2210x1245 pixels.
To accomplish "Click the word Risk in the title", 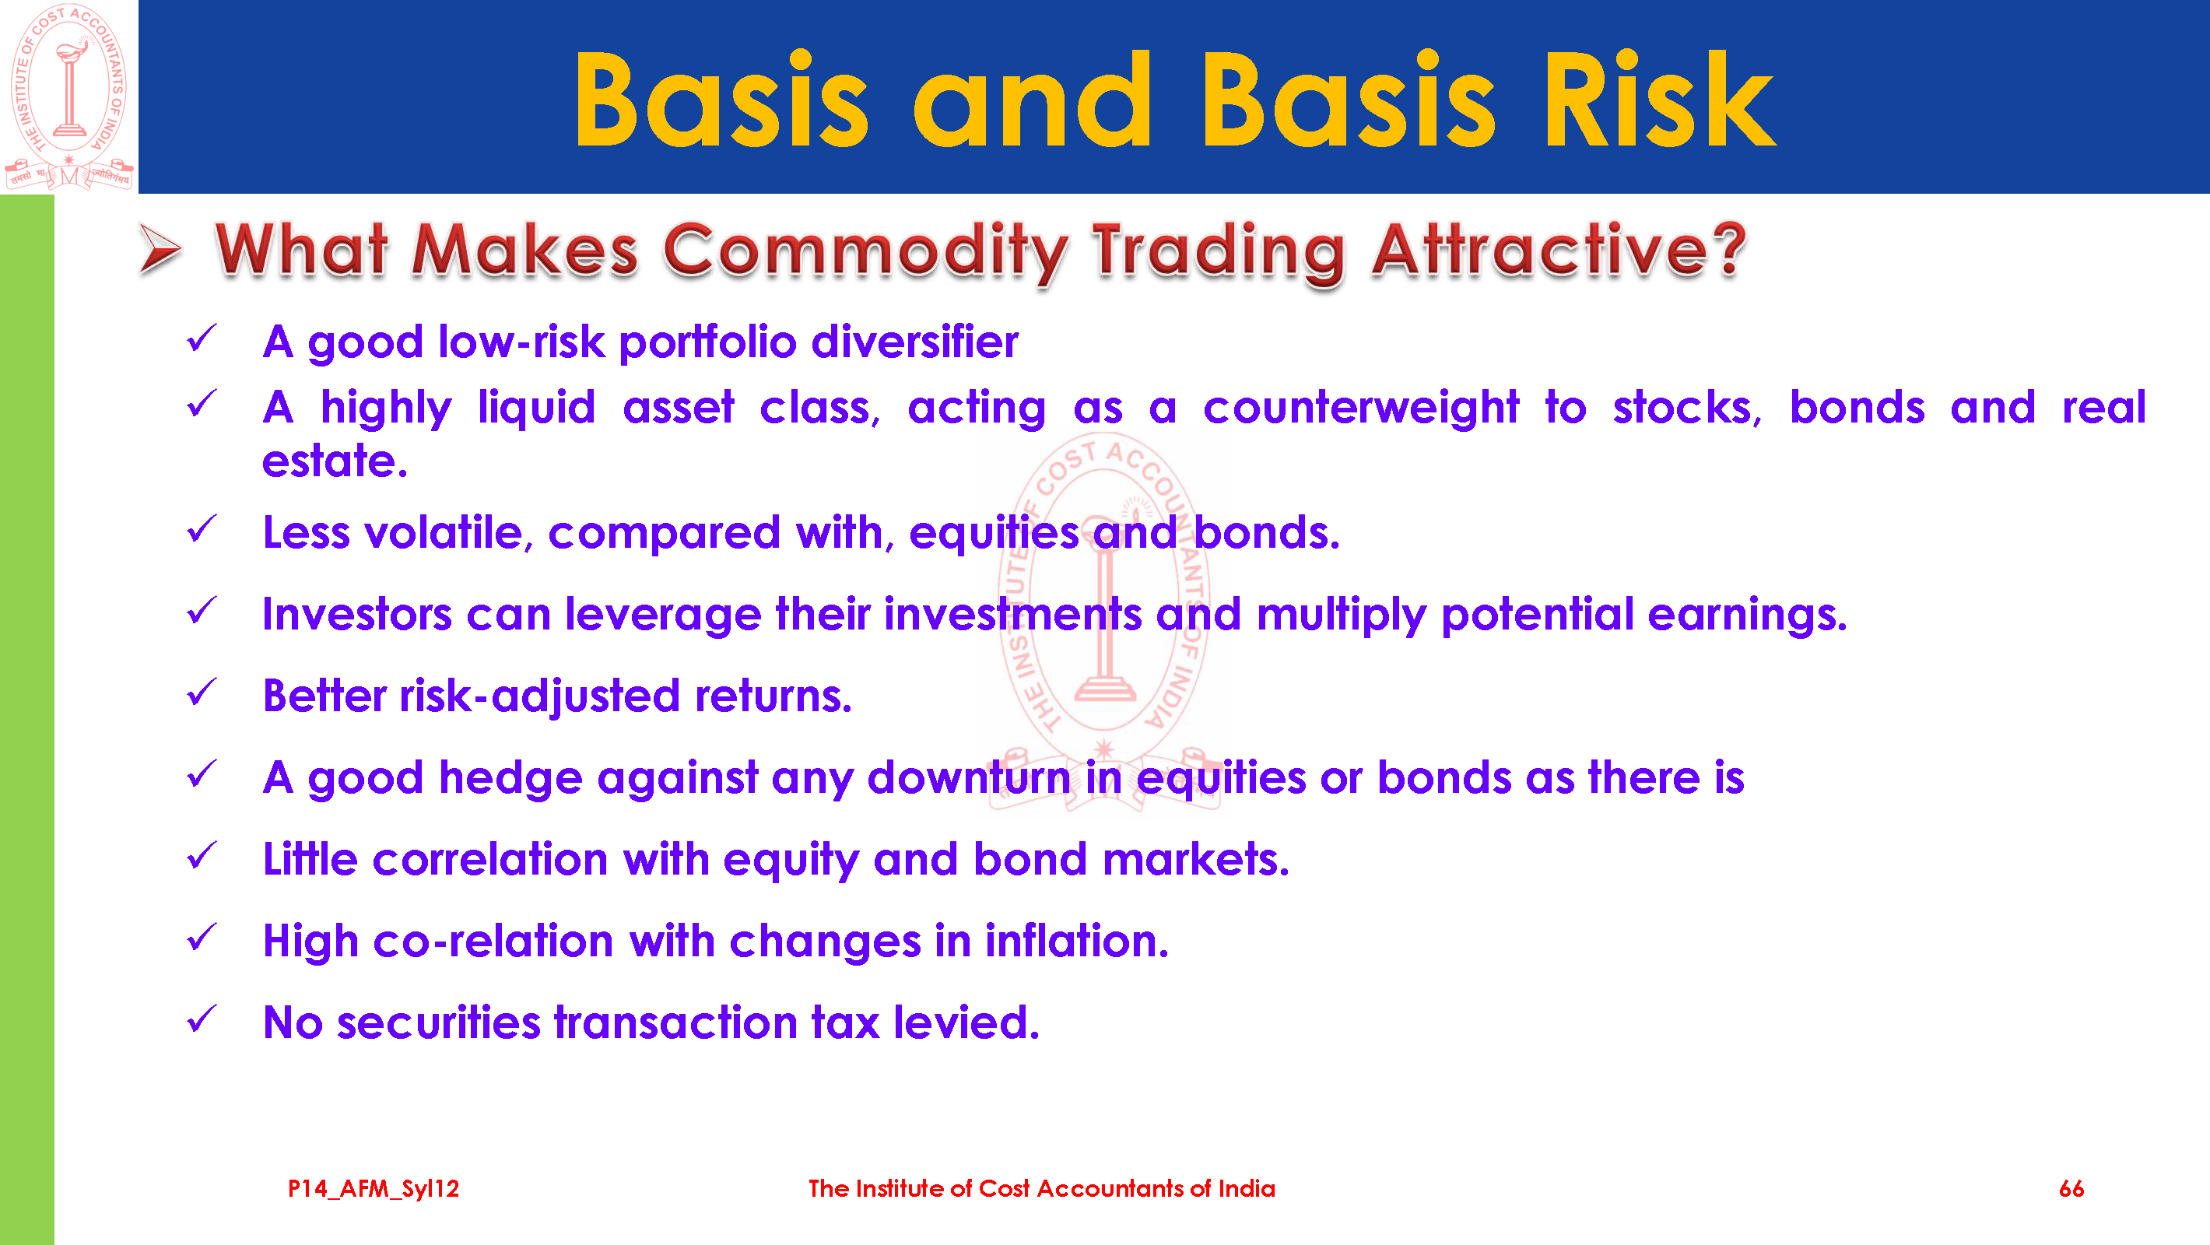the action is point(1659,100).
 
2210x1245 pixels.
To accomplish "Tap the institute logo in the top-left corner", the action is point(68,96).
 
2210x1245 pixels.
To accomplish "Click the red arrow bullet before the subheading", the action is point(160,250).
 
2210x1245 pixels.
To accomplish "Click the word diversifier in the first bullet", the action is point(914,342).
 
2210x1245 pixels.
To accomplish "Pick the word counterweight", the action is point(1361,409).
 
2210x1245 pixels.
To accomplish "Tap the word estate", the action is point(334,461).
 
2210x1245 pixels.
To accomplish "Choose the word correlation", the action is point(490,859).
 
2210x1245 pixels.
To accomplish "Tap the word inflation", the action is point(1077,941).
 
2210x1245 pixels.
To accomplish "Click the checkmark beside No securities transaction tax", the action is point(202,1019).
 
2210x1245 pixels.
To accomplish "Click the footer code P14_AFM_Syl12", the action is point(374,1188).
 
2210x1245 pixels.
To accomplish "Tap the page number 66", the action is point(2071,1188).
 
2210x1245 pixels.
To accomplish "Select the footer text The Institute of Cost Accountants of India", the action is point(1041,1188).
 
